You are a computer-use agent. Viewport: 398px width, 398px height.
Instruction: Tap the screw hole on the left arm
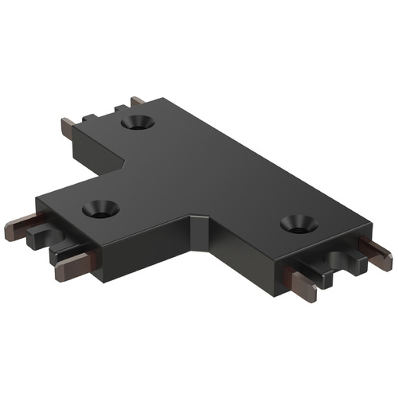(99, 209)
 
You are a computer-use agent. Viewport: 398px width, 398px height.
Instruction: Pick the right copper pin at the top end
(138, 101)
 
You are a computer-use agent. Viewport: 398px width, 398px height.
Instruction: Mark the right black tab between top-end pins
(121, 107)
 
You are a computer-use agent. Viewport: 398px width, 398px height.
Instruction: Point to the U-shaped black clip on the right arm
(342, 263)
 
